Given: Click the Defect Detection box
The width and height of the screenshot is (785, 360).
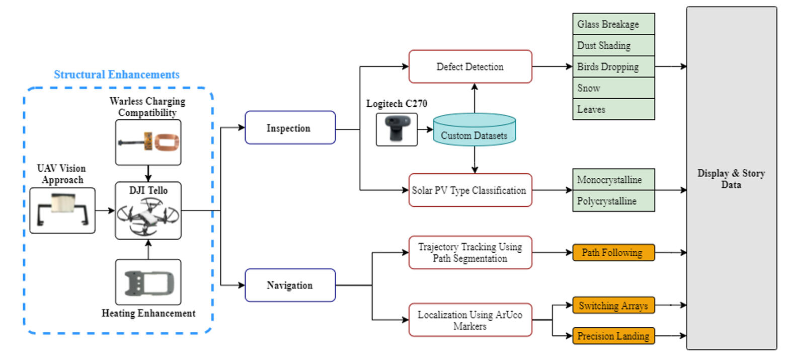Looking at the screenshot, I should (x=470, y=66).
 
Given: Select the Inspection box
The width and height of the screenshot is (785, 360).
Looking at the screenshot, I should (x=290, y=128).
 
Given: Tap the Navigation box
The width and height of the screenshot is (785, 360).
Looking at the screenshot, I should (x=290, y=285).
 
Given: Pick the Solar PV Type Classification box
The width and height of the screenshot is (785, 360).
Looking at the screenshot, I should (x=470, y=190).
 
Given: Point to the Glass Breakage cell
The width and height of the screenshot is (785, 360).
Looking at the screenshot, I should (x=613, y=24).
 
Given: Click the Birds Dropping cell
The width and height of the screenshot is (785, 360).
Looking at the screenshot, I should (x=613, y=66).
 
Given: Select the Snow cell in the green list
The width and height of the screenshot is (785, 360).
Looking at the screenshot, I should (x=613, y=88).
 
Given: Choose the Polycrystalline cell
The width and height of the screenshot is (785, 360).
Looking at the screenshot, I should (x=613, y=201).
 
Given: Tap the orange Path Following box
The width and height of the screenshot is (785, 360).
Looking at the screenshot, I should (x=613, y=253).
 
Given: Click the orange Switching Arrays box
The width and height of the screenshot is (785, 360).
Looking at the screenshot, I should (x=613, y=306).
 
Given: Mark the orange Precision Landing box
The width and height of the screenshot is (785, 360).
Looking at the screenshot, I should (x=613, y=336).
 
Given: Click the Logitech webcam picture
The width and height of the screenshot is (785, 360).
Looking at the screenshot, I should (x=397, y=129).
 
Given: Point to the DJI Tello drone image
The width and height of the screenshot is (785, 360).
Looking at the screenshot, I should (x=148, y=216).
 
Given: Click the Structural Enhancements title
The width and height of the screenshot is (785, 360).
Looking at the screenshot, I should (x=117, y=75).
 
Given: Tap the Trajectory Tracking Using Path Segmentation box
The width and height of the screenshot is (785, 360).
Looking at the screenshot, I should (x=470, y=253).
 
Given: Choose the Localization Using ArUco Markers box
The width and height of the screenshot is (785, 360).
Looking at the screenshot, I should (x=470, y=320).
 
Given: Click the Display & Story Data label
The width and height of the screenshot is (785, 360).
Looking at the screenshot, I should (x=731, y=179).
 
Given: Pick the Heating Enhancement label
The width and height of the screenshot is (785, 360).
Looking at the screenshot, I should (x=148, y=313).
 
